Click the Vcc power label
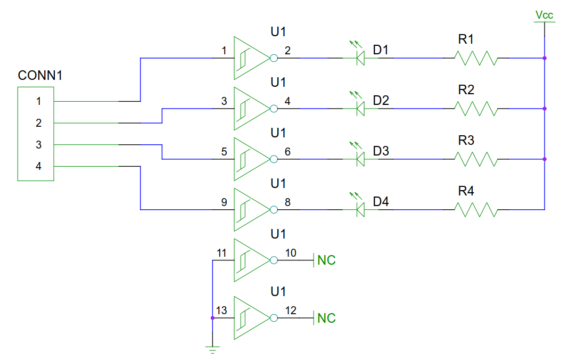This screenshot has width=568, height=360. pos(544,15)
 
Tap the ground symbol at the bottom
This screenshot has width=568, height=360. pos(212,349)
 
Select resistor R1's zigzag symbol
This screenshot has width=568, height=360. pos(475,58)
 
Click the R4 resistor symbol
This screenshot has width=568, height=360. pos(475,209)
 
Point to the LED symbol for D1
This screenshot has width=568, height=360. pos(359,56)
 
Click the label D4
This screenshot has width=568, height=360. pos(381,202)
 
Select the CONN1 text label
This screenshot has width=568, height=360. pos(40,76)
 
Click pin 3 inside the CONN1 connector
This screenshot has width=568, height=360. pos(38,144)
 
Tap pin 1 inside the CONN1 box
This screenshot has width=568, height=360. pos(38,101)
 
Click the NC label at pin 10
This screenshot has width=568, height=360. pos(326,260)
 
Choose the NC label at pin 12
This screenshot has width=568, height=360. pos(326,318)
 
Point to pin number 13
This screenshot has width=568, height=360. pos(221,310)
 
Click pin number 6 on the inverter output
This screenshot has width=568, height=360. pos(287,152)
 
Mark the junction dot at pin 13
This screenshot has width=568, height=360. pos(212,318)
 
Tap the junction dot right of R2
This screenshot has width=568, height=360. pos(545,109)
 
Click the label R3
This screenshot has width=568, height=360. pos(466,141)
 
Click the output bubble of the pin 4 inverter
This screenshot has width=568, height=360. pos(274,109)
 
